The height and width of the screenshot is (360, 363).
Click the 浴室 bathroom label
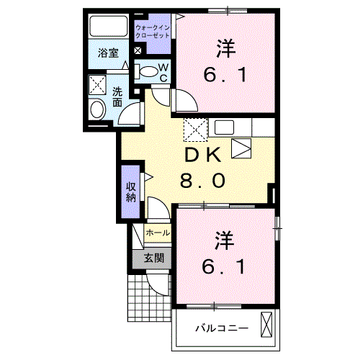point(108,53)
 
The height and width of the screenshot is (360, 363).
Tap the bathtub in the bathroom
point(109,26)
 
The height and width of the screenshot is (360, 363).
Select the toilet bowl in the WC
point(147,71)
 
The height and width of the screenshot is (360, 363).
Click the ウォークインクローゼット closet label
point(153,32)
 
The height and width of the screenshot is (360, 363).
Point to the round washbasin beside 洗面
point(97,109)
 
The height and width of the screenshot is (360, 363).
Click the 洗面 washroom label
point(117,97)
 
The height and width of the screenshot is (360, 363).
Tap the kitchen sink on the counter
point(224,127)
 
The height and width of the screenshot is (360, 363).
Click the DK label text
point(202,155)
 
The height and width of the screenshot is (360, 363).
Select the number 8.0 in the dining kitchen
point(203,181)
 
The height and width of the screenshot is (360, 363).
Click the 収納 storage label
point(131,192)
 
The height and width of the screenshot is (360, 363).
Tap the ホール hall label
point(158,233)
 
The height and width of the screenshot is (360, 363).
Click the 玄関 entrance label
point(154,258)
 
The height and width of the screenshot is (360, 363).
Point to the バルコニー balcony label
point(222,328)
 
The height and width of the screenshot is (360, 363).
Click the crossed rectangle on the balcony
point(266,325)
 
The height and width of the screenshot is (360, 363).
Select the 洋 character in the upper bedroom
point(226,49)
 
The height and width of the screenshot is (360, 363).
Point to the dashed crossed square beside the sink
point(195,130)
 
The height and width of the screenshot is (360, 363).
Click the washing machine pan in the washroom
point(97,85)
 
